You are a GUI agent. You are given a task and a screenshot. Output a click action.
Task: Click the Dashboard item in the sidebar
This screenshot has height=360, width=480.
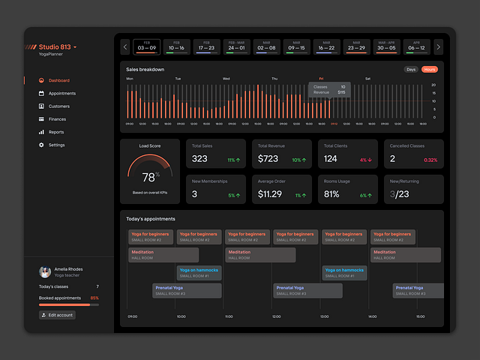pyautogui.click(x=58, y=80)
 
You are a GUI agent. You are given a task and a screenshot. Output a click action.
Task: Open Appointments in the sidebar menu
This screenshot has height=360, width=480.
pyautogui.click(x=61, y=93)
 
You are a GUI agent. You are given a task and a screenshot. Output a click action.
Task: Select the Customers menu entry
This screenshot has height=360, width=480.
pyautogui.click(x=58, y=106)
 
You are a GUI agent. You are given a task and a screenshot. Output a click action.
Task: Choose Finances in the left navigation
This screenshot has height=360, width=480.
pyautogui.click(x=57, y=118)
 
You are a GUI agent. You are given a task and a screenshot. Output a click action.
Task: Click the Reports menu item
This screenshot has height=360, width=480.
pyautogui.click(x=56, y=132)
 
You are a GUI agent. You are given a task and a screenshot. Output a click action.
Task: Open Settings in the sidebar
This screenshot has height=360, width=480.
pyautogui.click(x=56, y=145)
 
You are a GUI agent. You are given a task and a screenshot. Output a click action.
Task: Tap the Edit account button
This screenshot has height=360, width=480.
pyautogui.click(x=57, y=315)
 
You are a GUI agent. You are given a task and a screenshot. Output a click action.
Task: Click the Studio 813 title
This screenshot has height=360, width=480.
pyautogui.click(x=55, y=46)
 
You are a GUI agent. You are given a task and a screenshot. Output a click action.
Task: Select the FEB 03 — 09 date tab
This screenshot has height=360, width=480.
pyautogui.click(x=148, y=46)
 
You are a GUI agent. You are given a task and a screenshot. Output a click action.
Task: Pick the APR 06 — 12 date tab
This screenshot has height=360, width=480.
pyautogui.click(x=415, y=46)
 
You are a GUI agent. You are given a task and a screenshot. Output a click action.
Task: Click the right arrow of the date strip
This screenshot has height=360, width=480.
pyautogui.click(x=438, y=46)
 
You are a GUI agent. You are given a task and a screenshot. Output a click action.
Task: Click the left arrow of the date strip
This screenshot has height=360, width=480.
pyautogui.click(x=125, y=46)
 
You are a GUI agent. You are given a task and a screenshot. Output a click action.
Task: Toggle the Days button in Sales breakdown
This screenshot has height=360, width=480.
pyautogui.click(x=411, y=70)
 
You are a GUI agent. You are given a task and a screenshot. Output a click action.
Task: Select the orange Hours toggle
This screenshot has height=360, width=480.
pyautogui.click(x=429, y=70)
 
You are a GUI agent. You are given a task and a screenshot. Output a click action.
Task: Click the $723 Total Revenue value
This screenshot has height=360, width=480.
pyautogui.click(x=268, y=158)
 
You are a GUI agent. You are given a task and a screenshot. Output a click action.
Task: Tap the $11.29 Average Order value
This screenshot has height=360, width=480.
pyautogui.click(x=270, y=194)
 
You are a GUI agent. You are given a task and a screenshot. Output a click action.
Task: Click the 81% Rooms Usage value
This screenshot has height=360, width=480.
pyautogui.click(x=331, y=194)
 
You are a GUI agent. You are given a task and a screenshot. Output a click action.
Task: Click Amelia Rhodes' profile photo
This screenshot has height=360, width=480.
pyautogui.click(x=45, y=271)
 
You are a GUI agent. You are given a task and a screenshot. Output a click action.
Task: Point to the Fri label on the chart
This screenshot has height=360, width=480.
pyautogui.click(x=321, y=79)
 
